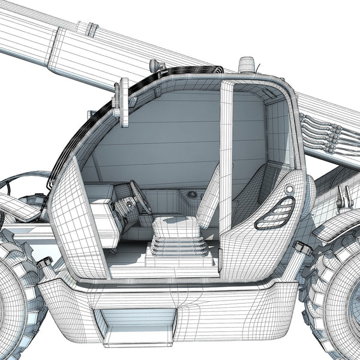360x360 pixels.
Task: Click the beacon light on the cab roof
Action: (247, 64)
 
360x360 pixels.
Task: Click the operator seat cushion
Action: (175, 227)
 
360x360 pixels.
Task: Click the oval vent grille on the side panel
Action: (275, 213)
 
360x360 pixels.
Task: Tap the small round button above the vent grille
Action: (290, 189)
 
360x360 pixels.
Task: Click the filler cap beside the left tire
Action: (45, 263)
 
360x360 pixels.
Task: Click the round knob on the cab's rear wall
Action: (192, 194)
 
